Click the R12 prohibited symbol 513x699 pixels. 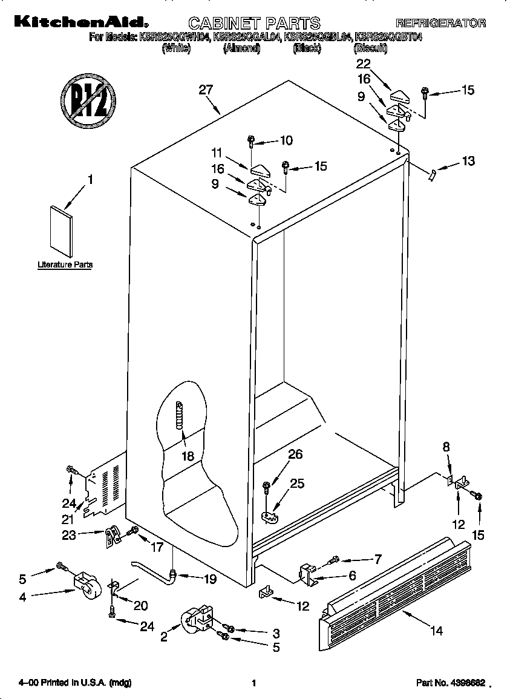pyautogui.click(x=88, y=100)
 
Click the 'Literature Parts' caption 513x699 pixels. pyautogui.click(x=65, y=264)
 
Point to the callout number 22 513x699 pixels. pyautogui.click(x=363, y=64)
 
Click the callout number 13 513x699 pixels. pyautogui.click(x=468, y=161)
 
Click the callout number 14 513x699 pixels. pyautogui.click(x=436, y=631)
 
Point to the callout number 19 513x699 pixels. pyautogui.click(x=209, y=579)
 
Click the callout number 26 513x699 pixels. pyautogui.click(x=295, y=455)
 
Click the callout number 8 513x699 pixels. pyautogui.click(x=446, y=447)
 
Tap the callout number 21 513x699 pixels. pyautogui.click(x=67, y=519)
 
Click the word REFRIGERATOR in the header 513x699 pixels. pyautogui.click(x=440, y=24)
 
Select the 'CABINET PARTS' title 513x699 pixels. pyautogui.click(x=254, y=24)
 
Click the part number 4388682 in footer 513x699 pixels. pyautogui.click(x=451, y=683)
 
